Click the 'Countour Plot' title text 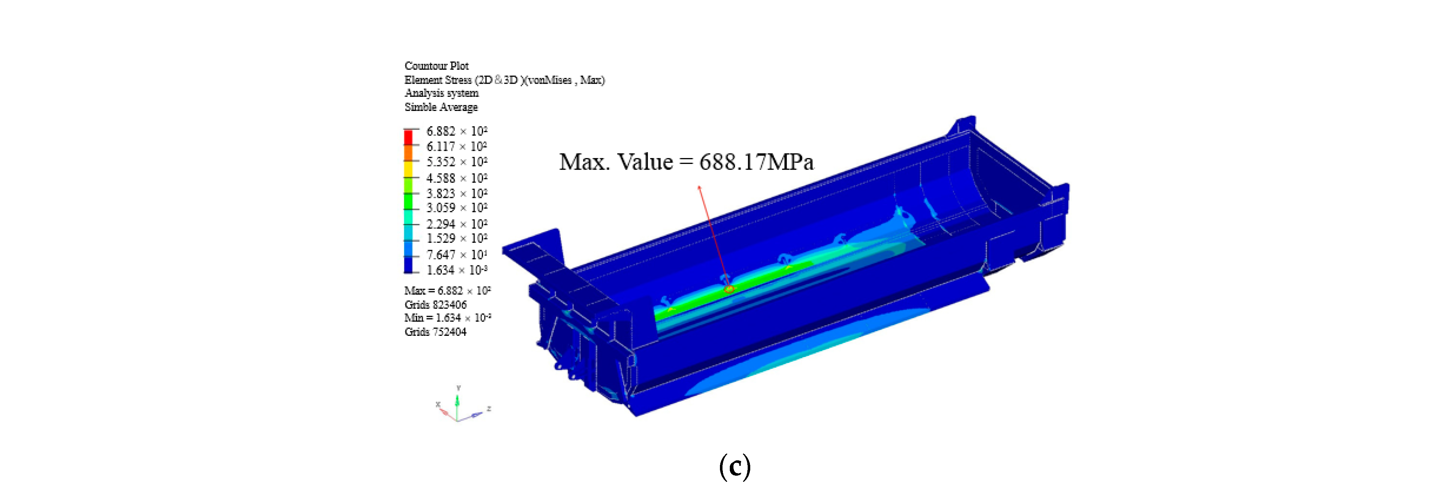pos(437,66)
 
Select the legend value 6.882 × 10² pos(457,131)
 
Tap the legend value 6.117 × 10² pos(457,146)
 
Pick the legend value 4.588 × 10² pos(457,178)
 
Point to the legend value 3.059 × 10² pos(457,208)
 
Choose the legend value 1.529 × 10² pos(457,238)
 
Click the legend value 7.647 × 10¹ pos(457,255)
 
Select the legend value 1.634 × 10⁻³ pos(457,270)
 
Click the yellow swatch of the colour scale pos(409,169)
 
